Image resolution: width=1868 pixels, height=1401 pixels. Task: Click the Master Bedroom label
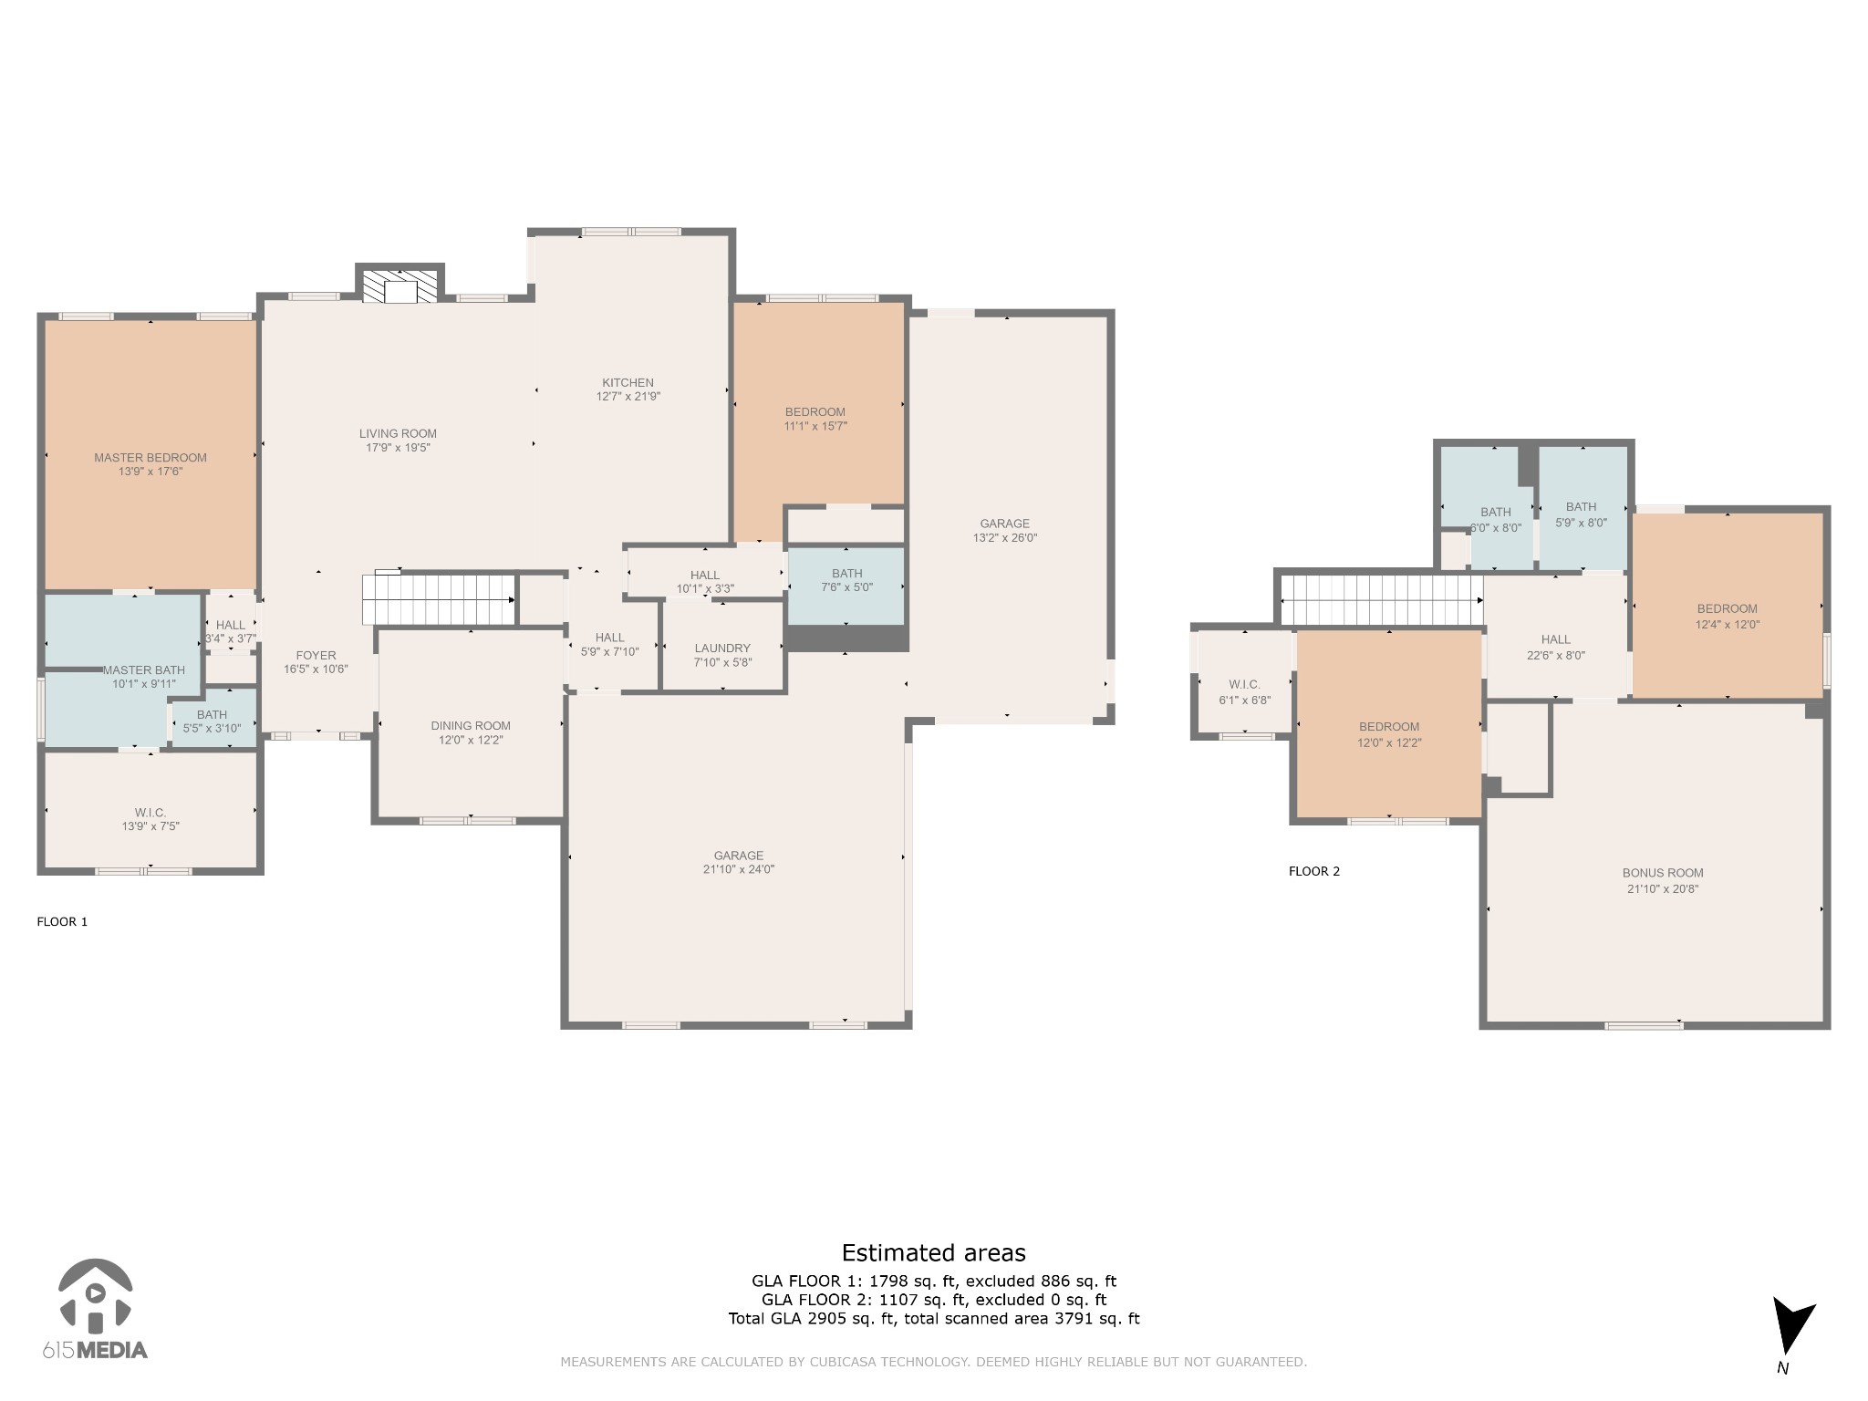pyautogui.click(x=150, y=458)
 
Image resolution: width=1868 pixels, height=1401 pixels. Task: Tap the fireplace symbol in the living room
pyautogui.click(x=400, y=285)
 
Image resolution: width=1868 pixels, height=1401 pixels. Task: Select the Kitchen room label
pyautogui.click(x=628, y=383)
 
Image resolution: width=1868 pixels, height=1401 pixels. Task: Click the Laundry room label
pyautogui.click(x=722, y=649)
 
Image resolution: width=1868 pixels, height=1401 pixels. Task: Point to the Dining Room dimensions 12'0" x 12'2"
pyautogui.click(x=471, y=740)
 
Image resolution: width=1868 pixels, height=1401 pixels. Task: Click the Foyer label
pyautogui.click(x=316, y=655)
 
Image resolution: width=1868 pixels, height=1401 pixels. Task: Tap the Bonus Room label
pyautogui.click(x=1663, y=873)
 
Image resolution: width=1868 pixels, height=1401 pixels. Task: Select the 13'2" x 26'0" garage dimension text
pyautogui.click(x=1005, y=538)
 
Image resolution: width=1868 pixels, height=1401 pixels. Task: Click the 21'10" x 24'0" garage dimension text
pyautogui.click(x=739, y=869)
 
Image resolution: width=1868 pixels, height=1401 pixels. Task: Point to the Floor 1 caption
pyautogui.click(x=62, y=921)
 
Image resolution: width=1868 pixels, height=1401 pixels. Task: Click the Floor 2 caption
pyautogui.click(x=1314, y=871)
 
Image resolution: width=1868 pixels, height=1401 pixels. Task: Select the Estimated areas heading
pyautogui.click(x=933, y=1253)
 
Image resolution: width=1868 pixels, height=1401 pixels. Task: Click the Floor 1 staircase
pyautogui.click(x=439, y=598)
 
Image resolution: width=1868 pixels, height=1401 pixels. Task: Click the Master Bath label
pyautogui.click(x=143, y=670)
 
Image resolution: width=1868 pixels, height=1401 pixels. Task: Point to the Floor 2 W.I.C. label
pyautogui.click(x=1244, y=685)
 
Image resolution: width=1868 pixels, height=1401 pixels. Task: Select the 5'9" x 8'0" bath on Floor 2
pyautogui.click(x=1582, y=514)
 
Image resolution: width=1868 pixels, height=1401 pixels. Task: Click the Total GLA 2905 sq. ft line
pyautogui.click(x=933, y=1318)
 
